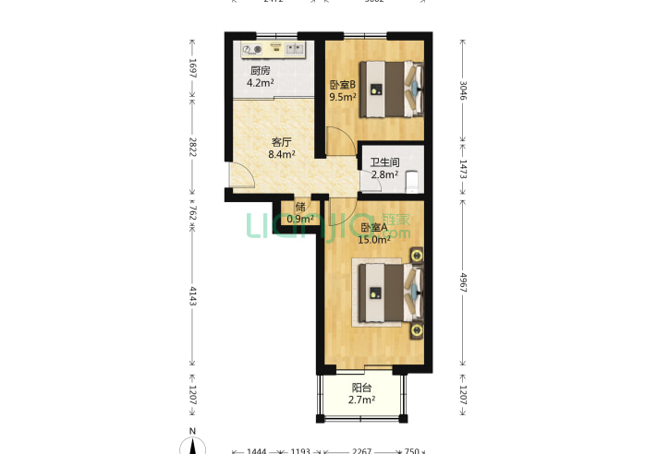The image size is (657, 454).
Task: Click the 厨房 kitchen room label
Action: tap(260, 71)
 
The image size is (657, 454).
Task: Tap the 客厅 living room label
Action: tap(282, 142)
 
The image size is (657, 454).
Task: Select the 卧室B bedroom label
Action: tap(343, 86)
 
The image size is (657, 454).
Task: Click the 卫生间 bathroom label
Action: tap(384, 161)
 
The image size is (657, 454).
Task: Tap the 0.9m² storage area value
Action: tap(300, 219)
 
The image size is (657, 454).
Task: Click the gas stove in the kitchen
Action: tap(252, 49)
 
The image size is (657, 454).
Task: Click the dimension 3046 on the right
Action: tap(463, 90)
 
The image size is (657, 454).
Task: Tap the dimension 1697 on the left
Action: tap(192, 68)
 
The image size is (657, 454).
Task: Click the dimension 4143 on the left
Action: tap(192, 296)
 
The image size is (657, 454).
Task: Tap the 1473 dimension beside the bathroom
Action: tap(463, 167)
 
